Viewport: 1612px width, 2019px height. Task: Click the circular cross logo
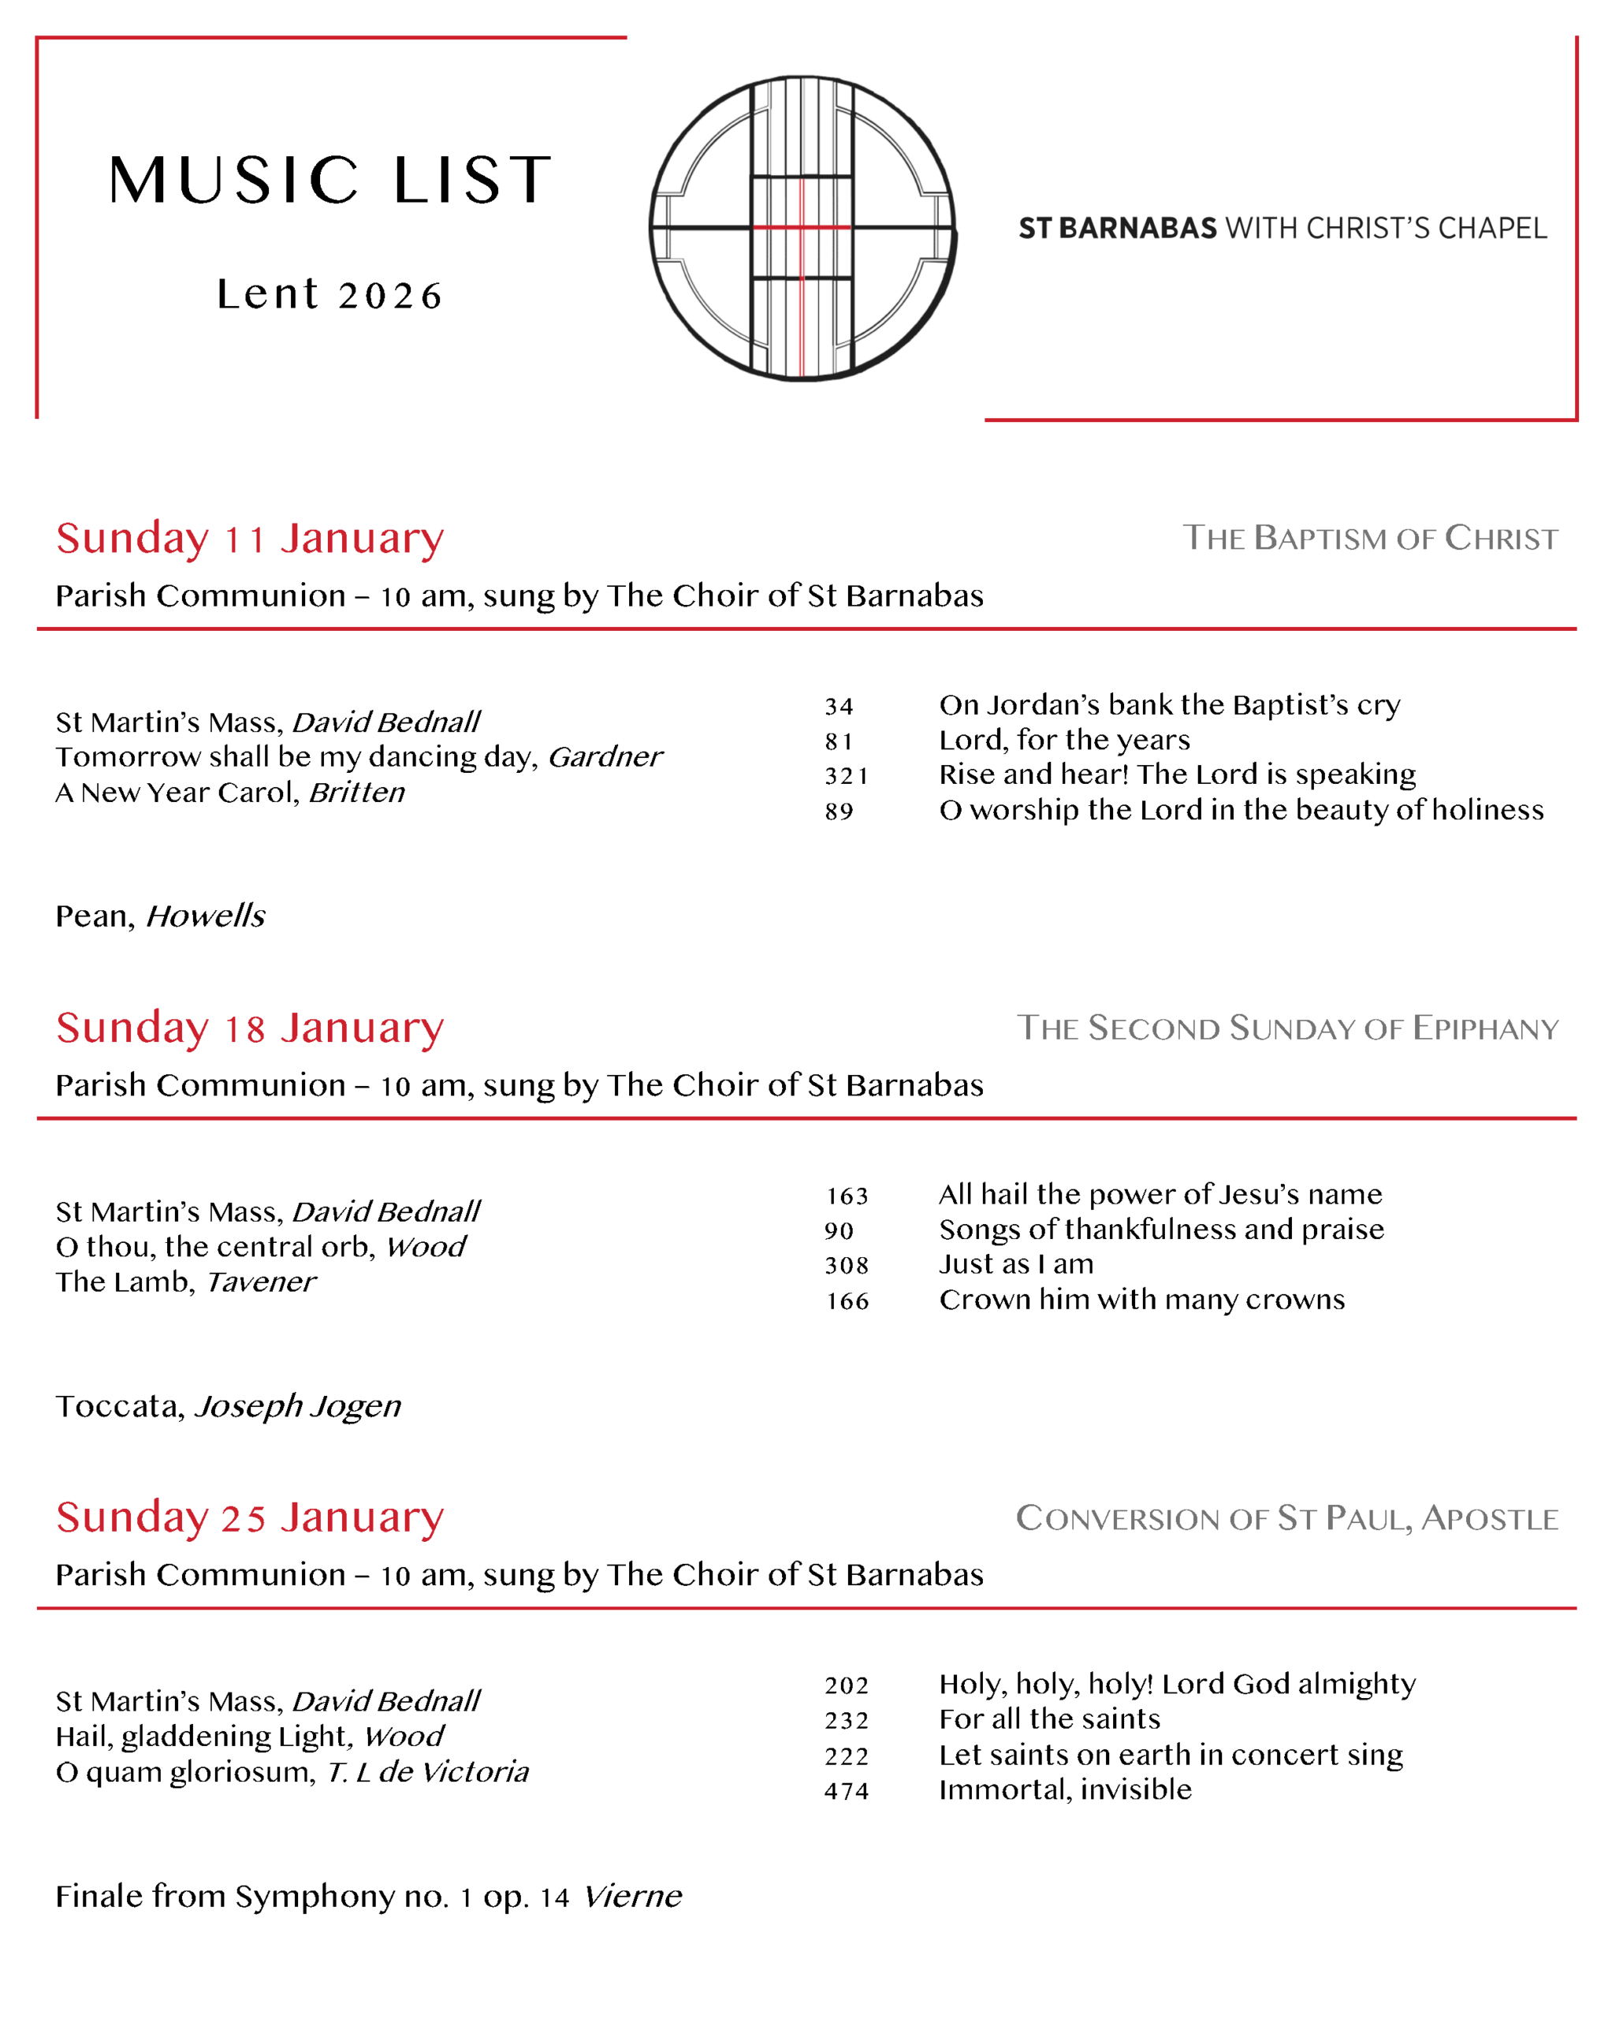pos(802,228)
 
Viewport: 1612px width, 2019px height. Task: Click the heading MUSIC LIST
pos(329,180)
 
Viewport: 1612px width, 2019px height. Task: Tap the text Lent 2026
pos(329,295)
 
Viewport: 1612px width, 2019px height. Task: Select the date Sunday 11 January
pos(249,539)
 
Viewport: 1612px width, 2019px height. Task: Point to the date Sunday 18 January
pos(249,1028)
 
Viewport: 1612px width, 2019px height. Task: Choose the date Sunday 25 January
pos(249,1517)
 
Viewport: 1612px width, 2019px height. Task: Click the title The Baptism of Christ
pos(1369,539)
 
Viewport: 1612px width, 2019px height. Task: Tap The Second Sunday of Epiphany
pos(1287,1028)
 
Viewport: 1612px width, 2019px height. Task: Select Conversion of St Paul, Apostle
pos(1286,1518)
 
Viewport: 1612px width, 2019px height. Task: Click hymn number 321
pos(847,775)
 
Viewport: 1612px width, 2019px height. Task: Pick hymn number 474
pos(847,1791)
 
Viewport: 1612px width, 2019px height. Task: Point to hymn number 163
pos(847,1196)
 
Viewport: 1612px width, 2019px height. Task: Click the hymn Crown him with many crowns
pos(1141,1300)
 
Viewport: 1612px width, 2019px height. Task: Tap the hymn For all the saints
pos(1048,1719)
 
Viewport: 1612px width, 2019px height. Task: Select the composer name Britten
pos(356,793)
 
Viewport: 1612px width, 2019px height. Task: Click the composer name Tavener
pos(260,1282)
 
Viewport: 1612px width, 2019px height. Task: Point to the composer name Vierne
pos(632,1896)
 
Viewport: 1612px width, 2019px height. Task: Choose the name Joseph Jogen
pos(298,1406)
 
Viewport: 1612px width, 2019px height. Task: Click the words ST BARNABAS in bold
pos(1117,229)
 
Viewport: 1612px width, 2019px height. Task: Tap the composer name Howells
pos(206,916)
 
